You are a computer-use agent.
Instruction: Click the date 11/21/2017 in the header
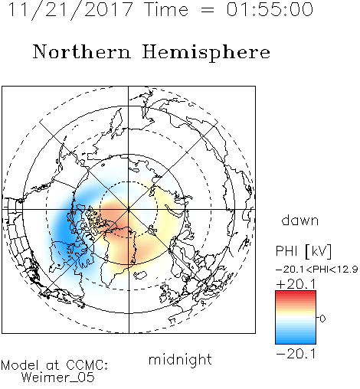coord(70,10)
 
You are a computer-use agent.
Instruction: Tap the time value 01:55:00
coord(270,9)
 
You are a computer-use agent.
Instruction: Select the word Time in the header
coord(166,9)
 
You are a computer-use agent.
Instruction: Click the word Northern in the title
coord(82,51)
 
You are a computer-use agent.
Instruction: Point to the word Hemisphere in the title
coord(206,53)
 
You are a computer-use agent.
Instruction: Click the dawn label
coord(300,220)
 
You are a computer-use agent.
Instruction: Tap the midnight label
coord(180,359)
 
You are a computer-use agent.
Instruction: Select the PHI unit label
coord(286,250)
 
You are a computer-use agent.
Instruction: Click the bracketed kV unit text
coord(319,251)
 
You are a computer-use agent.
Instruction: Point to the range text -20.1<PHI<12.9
coord(316,269)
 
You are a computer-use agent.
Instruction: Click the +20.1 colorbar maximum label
coord(296,284)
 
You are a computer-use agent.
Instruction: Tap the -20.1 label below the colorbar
coord(296,354)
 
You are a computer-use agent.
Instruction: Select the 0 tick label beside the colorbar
coord(322,319)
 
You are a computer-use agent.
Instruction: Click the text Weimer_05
coord(58,377)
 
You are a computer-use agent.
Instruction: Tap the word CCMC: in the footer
coord(87,365)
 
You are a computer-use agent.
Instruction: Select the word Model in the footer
coord(20,365)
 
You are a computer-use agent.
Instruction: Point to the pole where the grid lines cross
coord(129,209)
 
